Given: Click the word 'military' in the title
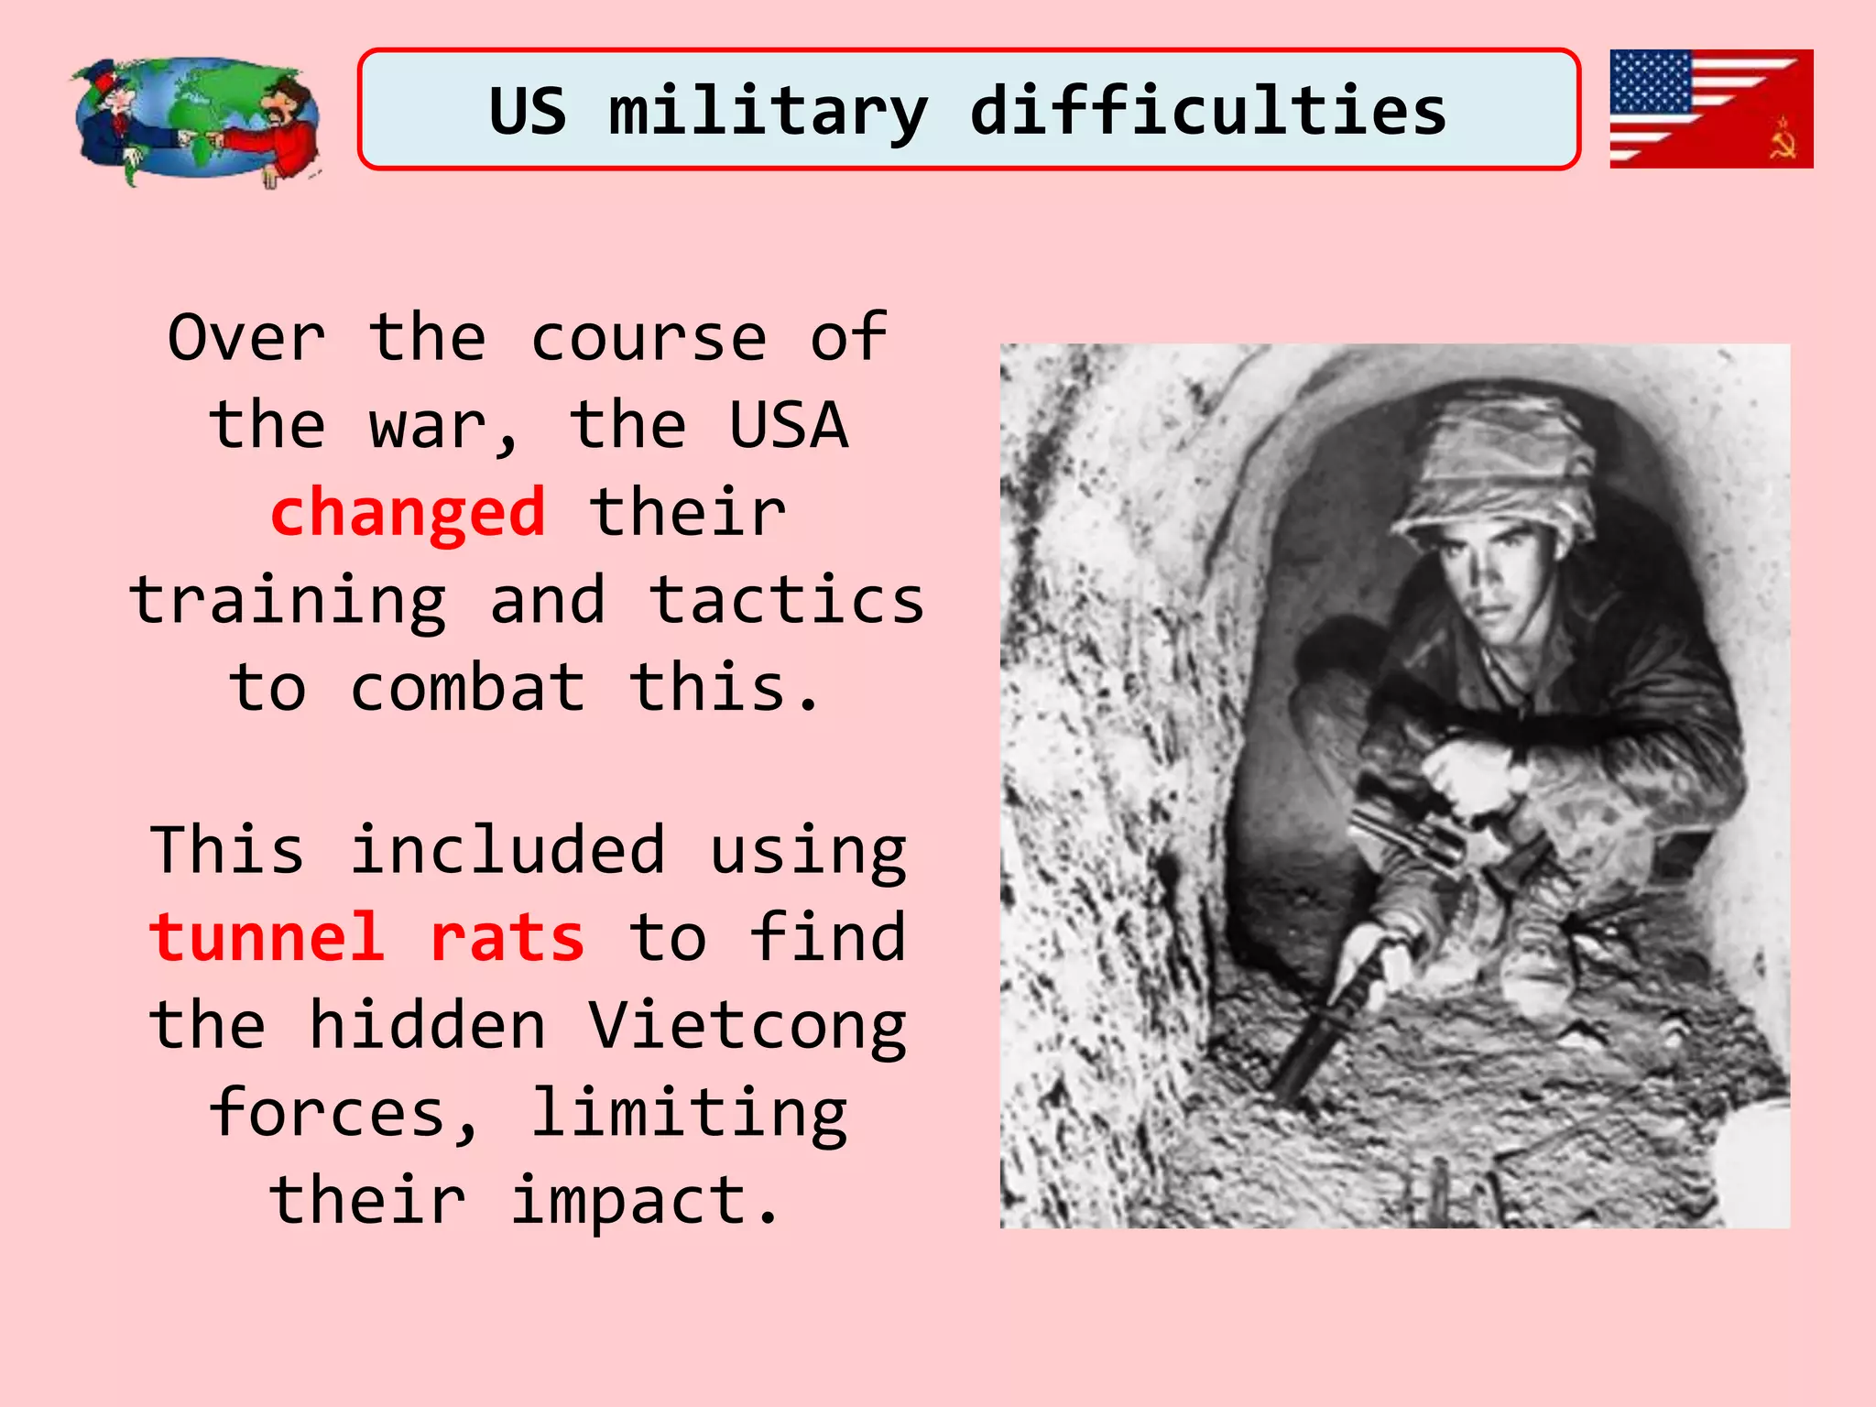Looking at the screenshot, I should tap(768, 112).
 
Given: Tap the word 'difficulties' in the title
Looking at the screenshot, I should tap(1207, 112).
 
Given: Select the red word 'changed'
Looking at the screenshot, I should tap(408, 513).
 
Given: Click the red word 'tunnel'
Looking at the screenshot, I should tap(267, 938).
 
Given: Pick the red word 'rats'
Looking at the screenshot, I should tap(507, 938).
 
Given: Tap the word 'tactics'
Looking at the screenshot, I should tap(787, 601).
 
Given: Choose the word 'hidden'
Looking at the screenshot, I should tap(427, 1026).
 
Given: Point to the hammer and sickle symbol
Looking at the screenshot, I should tap(1782, 139).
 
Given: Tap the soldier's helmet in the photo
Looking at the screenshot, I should tap(1495, 467).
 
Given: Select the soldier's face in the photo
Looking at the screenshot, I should tap(1495, 577).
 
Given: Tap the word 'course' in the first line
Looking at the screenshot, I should tap(649, 338).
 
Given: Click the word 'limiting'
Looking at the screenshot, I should tap(689, 1114).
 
